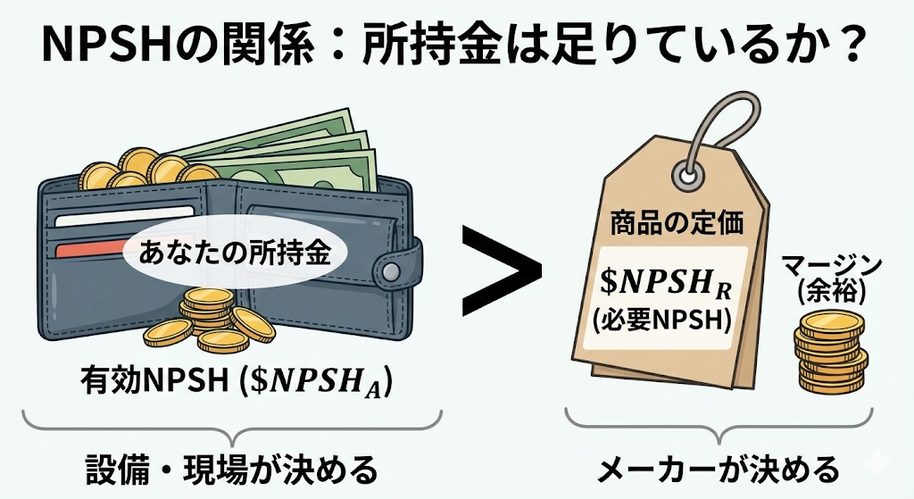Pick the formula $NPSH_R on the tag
click(664, 285)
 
